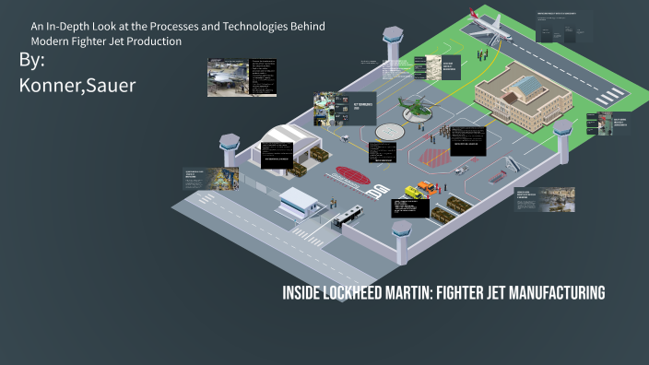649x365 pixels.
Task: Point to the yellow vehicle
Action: tap(425, 189)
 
